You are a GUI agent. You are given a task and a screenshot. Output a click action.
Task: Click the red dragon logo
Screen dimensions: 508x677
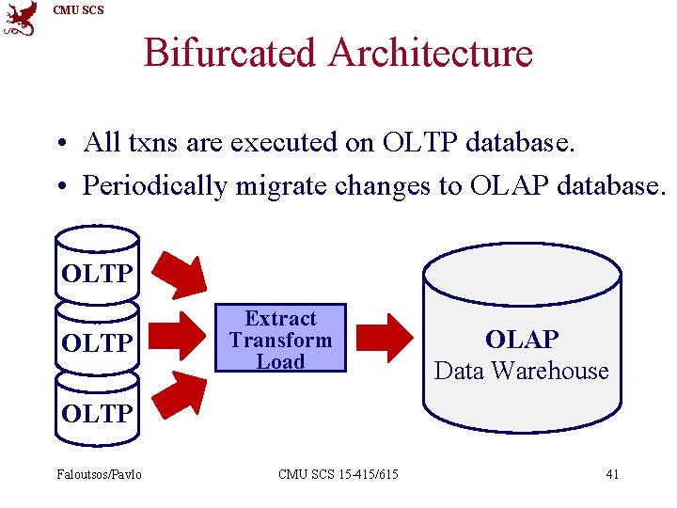coord(21,19)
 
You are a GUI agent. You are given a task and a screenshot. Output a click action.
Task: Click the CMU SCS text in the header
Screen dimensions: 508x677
coord(79,10)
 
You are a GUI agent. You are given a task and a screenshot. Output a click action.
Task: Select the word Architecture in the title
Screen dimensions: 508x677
coord(431,53)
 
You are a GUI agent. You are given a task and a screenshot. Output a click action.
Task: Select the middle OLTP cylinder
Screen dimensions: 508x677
coord(97,341)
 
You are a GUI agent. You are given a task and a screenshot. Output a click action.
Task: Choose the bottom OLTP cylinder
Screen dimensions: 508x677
coord(97,410)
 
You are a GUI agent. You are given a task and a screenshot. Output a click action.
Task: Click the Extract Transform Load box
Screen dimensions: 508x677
coord(280,340)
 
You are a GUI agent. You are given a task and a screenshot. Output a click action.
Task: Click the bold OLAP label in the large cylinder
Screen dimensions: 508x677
coord(522,340)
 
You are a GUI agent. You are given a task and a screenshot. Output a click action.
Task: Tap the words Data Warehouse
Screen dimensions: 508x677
coord(522,371)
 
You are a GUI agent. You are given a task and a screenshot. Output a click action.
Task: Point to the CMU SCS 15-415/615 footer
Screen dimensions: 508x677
coord(338,474)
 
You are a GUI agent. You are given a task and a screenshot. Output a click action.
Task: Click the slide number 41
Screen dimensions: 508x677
coord(612,474)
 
